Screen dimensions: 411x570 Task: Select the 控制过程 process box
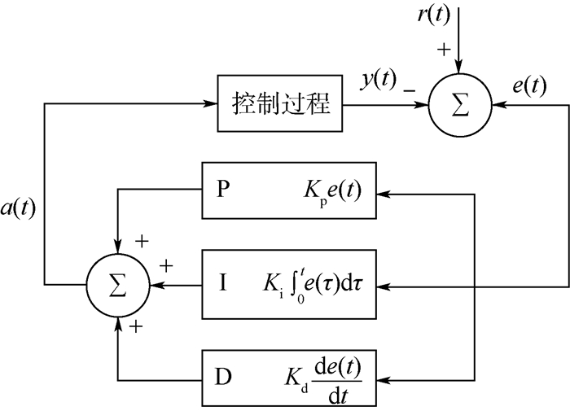(277, 104)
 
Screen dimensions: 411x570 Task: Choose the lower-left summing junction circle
(120, 285)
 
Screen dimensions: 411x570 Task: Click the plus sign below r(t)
(444, 50)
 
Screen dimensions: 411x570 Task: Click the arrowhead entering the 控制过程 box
(209, 104)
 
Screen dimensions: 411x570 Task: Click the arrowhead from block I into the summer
(155, 285)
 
